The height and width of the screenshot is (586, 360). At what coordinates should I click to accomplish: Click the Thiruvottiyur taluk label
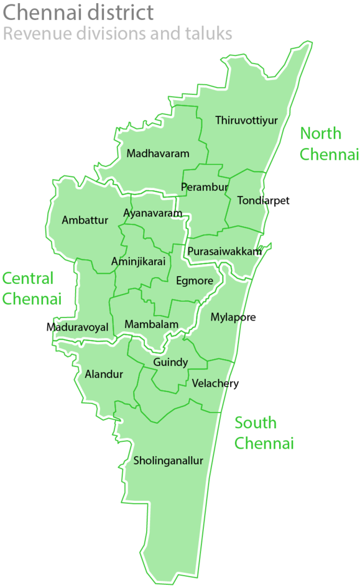click(246, 121)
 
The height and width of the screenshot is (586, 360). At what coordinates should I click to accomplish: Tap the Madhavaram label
click(158, 153)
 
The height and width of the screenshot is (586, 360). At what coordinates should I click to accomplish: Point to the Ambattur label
click(85, 220)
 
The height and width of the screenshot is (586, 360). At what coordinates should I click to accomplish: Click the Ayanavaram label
click(153, 214)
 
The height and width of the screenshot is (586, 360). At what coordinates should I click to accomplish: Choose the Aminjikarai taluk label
click(139, 262)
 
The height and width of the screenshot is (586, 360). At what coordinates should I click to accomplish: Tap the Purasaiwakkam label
click(224, 251)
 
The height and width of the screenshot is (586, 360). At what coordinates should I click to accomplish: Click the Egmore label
click(195, 281)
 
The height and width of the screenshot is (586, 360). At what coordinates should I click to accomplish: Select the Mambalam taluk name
click(151, 324)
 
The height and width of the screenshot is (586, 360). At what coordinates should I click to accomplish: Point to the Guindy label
click(170, 362)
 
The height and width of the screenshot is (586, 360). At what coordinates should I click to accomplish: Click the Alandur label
click(104, 374)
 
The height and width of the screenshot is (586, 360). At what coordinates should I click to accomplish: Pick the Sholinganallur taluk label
click(168, 461)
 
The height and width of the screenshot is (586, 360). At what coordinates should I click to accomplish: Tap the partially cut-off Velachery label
click(211, 383)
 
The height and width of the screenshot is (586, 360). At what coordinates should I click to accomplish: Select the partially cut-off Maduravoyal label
click(81, 327)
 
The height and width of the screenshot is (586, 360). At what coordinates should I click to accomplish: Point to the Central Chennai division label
click(32, 288)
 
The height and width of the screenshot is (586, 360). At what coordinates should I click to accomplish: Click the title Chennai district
click(79, 12)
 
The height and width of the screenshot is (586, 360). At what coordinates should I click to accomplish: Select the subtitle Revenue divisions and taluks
click(118, 34)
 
